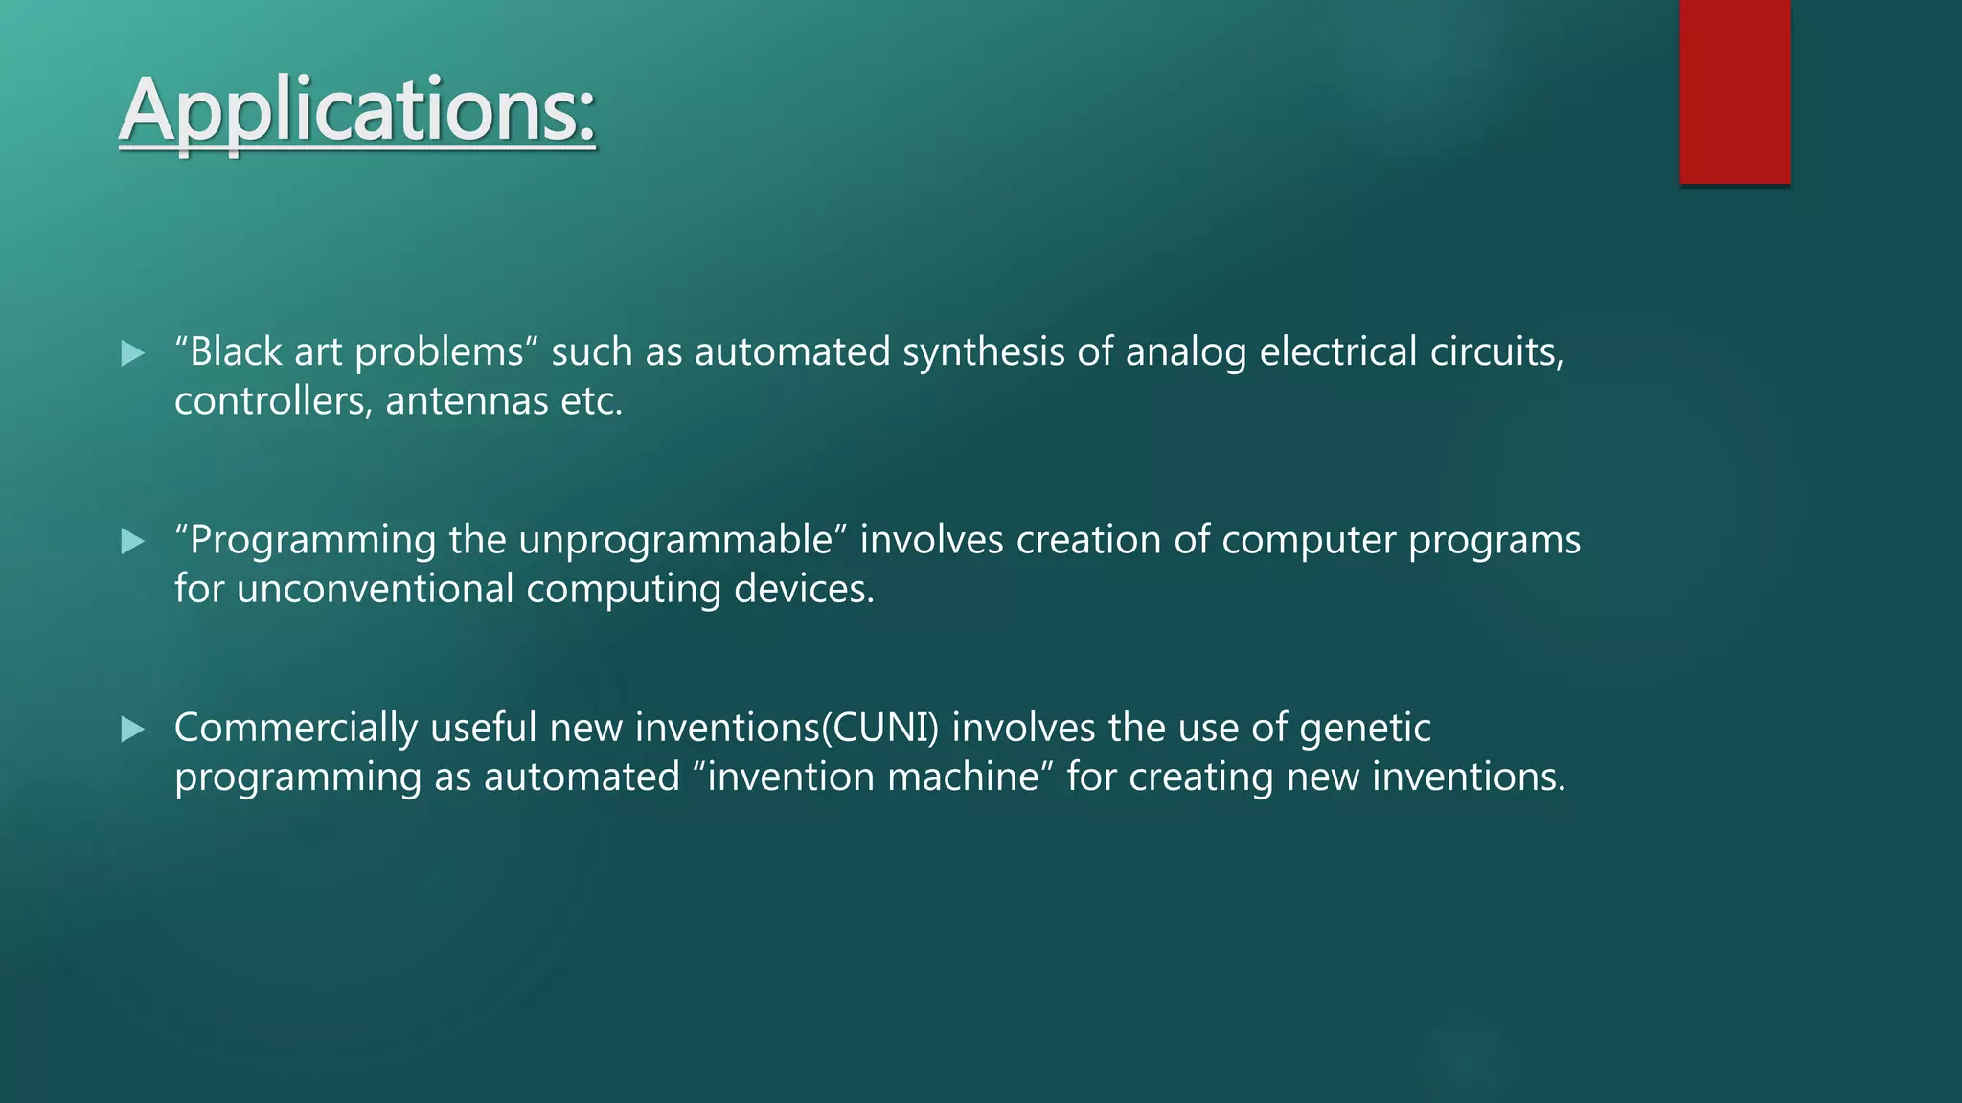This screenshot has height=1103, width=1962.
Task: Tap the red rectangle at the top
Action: coord(1734,91)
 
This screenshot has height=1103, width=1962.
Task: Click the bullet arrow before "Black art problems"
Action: coord(132,353)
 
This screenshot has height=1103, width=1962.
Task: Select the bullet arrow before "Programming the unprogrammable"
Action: coord(132,542)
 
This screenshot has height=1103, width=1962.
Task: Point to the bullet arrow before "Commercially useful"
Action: coord(132,730)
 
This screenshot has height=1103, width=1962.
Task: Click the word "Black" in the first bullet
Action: coord(235,351)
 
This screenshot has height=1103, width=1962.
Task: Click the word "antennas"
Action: coord(467,400)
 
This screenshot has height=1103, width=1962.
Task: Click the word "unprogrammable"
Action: coord(676,540)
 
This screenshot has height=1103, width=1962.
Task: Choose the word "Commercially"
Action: coord(295,728)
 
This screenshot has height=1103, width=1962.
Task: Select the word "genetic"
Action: coord(1364,728)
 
